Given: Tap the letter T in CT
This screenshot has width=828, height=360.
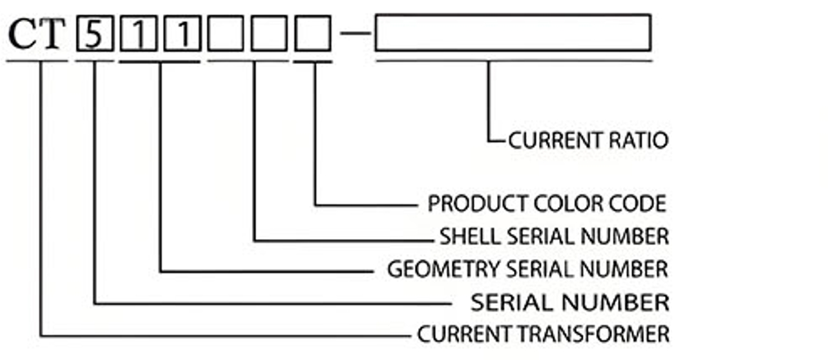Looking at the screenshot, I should click(53, 35).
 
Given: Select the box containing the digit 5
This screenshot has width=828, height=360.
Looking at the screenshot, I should click(94, 34).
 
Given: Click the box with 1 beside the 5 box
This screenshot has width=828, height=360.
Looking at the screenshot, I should click(138, 34).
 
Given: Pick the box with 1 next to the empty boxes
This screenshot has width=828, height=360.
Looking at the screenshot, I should click(182, 34).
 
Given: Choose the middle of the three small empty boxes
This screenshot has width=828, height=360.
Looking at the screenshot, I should click(270, 34).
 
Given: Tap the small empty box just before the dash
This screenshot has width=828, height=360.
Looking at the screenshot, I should click(313, 34).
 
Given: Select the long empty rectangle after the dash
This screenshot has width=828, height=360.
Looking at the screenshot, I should click(513, 32).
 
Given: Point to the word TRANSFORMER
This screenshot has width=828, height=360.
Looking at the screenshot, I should click(604, 334).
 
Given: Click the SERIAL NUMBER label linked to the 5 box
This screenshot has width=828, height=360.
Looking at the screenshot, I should click(569, 302).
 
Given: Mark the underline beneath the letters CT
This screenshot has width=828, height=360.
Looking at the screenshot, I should click(37, 61).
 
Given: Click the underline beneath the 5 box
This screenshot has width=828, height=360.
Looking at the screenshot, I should click(94, 61).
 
